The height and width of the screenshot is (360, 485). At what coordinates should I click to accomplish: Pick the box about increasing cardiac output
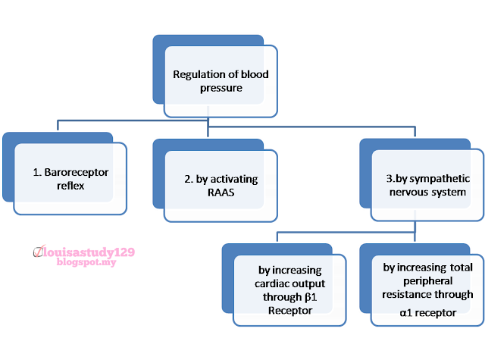click(x=289, y=290)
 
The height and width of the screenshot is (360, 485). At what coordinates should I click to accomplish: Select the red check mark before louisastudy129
click(x=39, y=250)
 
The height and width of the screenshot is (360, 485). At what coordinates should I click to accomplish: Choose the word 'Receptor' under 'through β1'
click(x=289, y=310)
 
